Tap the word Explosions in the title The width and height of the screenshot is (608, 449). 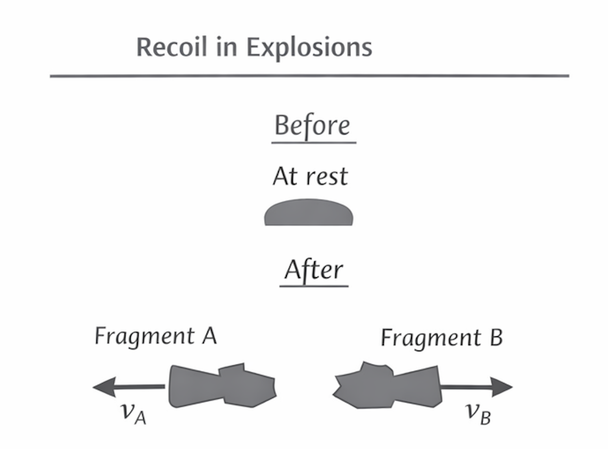tap(309, 48)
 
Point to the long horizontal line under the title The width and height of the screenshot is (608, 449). tap(309, 76)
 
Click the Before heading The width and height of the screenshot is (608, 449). tap(313, 126)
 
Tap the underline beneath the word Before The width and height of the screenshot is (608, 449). tap(314, 143)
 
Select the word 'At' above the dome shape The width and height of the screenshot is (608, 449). tap(284, 176)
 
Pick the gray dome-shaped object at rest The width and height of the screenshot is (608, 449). tap(309, 213)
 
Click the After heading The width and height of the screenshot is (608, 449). tap(314, 270)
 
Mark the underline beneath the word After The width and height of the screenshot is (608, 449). tap(314, 286)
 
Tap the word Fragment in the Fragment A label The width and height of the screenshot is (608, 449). tap(144, 336)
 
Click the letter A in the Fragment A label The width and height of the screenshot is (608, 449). tap(209, 336)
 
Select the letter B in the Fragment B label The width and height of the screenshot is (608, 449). tap(496, 338)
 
